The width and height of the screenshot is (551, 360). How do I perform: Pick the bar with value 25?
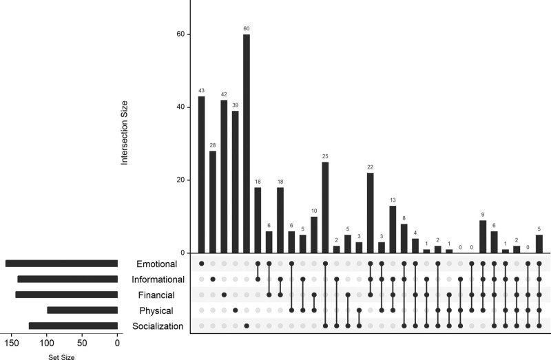click(325, 207)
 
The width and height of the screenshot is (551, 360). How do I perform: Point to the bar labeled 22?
click(370, 213)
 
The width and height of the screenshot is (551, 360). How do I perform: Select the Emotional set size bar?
click(61, 264)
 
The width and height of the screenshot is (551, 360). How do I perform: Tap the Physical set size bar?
click(82, 310)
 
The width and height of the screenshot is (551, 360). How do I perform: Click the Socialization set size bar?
click(73, 326)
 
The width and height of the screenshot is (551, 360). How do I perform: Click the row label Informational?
click(161, 279)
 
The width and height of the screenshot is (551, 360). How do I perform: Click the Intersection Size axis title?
click(125, 132)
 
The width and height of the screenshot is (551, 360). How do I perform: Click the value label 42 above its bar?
click(224, 94)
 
